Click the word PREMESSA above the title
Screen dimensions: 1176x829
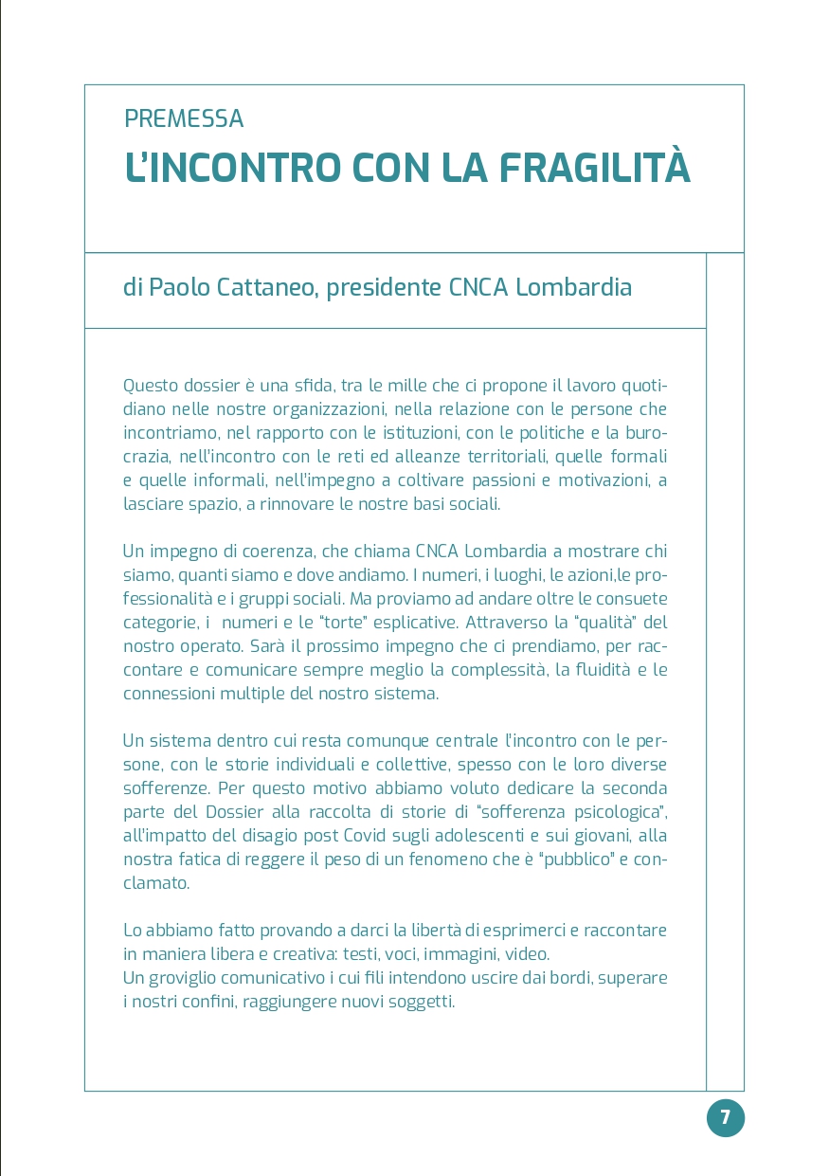pyautogui.click(x=184, y=119)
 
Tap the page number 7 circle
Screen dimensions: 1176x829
pyautogui.click(x=726, y=1117)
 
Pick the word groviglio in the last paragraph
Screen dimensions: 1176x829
pyautogui.click(x=192, y=978)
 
